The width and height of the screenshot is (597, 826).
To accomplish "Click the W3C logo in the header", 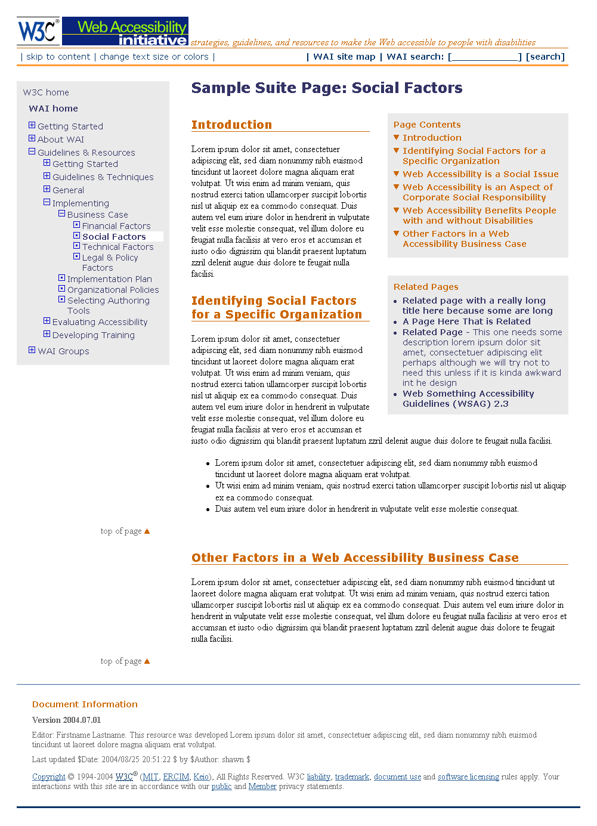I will point(38,31).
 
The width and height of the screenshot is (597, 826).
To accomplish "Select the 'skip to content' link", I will point(58,57).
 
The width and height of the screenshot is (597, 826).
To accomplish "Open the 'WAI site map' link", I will point(344,57).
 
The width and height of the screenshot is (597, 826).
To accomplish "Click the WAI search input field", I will point(485,57).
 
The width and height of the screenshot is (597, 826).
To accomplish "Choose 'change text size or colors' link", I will point(154,57).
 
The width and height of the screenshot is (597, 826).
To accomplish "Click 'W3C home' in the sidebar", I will point(46,92).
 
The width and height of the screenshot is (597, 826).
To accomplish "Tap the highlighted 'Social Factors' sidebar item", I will point(114,237).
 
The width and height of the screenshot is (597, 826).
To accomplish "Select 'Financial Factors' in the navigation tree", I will point(116,226).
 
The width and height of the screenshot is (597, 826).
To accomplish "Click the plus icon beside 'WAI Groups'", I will point(32,350).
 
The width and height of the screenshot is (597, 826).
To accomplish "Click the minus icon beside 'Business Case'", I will point(61,214).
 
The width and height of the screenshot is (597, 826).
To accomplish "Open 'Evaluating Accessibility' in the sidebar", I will point(100,322).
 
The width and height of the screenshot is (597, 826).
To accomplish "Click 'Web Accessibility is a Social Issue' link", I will point(480,174).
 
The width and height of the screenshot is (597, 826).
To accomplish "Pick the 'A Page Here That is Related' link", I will point(466,321).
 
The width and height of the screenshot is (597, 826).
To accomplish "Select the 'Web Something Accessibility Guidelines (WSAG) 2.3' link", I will point(468,398).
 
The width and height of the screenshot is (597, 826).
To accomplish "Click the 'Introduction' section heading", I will point(231,125).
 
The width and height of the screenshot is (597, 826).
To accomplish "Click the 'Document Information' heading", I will point(85,704).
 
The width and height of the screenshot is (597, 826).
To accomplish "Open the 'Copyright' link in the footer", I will point(49,776).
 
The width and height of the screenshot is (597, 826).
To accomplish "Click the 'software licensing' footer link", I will point(468,776).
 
